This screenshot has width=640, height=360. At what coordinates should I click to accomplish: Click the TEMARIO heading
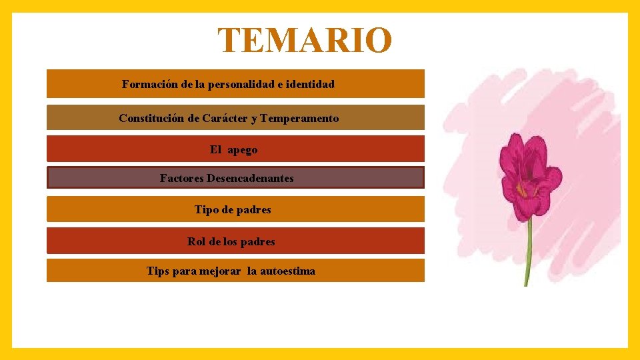pyautogui.click(x=305, y=41)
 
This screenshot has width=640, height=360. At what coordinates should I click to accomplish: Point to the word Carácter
pyautogui.click(x=225, y=118)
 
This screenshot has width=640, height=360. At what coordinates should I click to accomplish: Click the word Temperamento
pyautogui.click(x=299, y=118)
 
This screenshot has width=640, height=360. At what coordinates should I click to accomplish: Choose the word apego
pyautogui.click(x=242, y=150)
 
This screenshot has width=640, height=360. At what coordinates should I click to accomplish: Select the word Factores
pyautogui.click(x=182, y=178)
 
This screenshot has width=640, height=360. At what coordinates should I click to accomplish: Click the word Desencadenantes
pyautogui.click(x=250, y=178)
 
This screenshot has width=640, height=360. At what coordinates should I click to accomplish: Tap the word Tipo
pyautogui.click(x=206, y=209)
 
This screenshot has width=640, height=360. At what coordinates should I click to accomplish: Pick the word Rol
pyautogui.click(x=196, y=241)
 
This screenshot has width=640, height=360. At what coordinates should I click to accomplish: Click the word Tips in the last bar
pyautogui.click(x=158, y=271)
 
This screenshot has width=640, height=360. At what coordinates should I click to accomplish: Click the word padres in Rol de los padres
pyautogui.click(x=257, y=241)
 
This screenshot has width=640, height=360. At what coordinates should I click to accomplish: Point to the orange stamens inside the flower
pyautogui.click(x=521, y=189)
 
